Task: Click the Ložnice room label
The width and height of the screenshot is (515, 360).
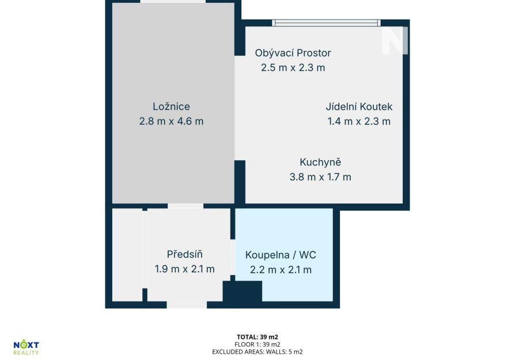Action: [171, 107]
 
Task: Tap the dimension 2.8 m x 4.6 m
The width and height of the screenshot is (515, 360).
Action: [171, 121]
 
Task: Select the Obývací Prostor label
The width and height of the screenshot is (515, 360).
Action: [293, 53]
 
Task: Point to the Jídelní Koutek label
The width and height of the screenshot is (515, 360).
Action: [359, 107]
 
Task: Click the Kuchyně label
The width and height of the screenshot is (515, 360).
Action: [320, 162]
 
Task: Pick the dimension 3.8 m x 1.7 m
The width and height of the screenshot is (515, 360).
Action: [320, 177]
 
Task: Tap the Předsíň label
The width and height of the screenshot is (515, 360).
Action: [184, 254]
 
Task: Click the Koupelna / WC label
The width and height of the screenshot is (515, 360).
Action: [281, 255]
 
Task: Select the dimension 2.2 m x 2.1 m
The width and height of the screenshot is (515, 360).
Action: [281, 270]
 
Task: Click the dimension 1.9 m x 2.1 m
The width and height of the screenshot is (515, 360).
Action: [184, 269]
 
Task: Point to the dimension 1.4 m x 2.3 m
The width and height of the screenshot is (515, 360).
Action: [359, 121]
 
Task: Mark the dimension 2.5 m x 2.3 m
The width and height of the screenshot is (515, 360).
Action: [293, 67]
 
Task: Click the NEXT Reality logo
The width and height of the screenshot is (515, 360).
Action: [26, 348]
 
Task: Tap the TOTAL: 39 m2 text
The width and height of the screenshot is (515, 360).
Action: [257, 337]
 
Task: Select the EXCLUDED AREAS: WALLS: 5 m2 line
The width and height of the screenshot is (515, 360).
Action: [257, 352]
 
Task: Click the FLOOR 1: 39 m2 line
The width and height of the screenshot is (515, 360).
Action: [257, 344]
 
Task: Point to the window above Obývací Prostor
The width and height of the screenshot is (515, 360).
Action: [326, 22]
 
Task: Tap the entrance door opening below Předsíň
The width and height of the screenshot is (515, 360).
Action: [187, 305]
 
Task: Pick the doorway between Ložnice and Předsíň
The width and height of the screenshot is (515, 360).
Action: [185, 206]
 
